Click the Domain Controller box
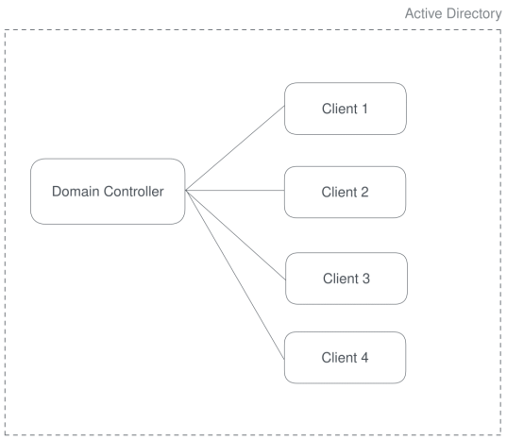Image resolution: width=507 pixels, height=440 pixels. [107, 192]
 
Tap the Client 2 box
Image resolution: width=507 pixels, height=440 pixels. [346, 192]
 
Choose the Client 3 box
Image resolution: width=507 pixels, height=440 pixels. [346, 279]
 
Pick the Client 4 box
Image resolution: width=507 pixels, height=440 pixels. [346, 359]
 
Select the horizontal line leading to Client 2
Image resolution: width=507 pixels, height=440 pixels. [235, 192]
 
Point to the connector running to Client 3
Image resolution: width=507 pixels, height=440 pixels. [235, 235]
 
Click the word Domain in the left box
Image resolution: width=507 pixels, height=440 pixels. [73, 192]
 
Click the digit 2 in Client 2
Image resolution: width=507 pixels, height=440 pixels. [367, 192]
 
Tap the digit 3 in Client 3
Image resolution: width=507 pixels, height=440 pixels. [367, 279]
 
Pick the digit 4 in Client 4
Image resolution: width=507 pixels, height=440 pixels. [367, 359]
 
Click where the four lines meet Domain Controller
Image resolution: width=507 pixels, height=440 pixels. [185, 192]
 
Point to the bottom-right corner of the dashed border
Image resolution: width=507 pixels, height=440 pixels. [500, 433]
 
